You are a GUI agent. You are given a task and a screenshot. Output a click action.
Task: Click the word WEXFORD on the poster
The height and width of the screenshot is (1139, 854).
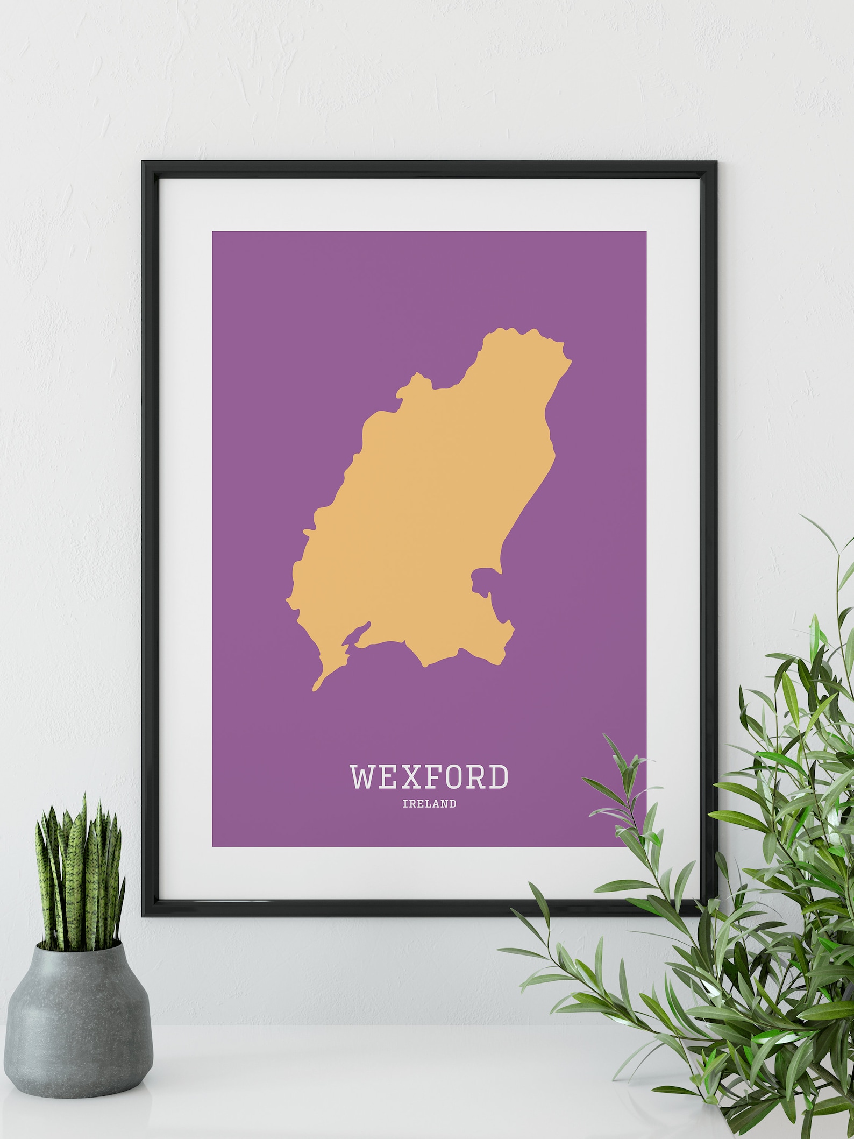(429, 776)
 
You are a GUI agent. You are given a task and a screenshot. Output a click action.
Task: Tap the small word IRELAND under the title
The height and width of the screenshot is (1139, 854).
(429, 804)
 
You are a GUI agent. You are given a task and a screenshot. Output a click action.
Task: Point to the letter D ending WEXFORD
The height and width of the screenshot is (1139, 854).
(497, 776)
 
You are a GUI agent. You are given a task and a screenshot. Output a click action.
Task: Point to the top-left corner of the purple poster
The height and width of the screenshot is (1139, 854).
(213, 233)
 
